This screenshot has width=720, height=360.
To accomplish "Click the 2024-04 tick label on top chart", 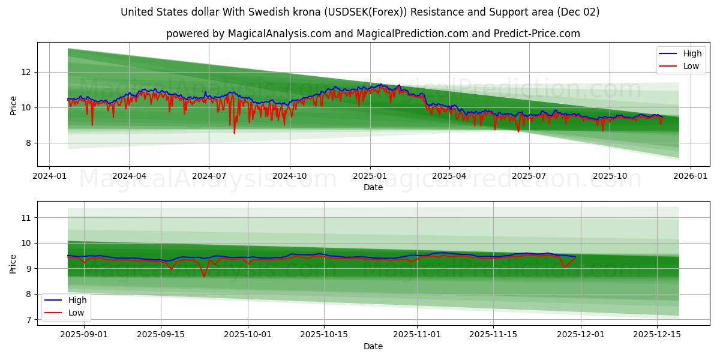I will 129,177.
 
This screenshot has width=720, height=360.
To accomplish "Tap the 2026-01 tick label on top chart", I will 690,177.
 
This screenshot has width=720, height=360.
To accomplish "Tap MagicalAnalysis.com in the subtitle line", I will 280,34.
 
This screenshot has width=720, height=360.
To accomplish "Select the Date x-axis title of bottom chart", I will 373,346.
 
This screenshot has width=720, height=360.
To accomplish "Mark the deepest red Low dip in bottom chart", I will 204,276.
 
